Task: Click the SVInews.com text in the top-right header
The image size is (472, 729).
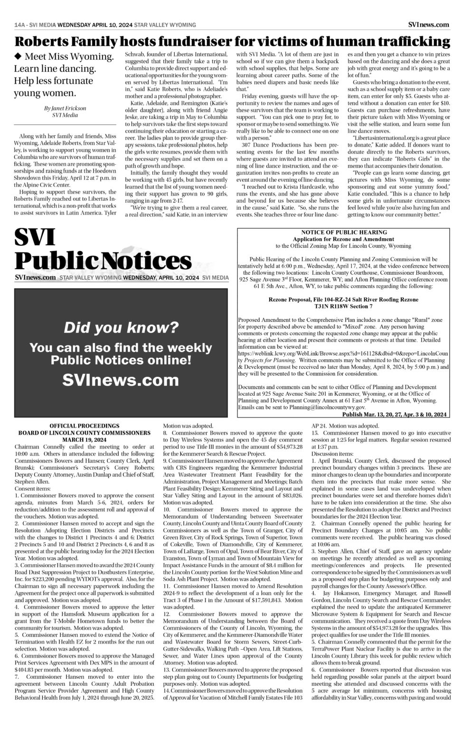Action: tap(428, 25)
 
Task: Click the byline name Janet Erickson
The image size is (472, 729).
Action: tap(66, 108)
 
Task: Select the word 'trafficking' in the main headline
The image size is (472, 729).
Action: tap(407, 42)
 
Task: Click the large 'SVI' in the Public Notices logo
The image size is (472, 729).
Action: tap(35, 238)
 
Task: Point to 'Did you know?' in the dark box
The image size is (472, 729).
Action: tap(121, 327)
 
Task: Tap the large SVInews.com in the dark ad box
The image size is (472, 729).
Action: tap(121, 380)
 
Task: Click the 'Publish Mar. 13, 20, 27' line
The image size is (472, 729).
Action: tap(394, 414)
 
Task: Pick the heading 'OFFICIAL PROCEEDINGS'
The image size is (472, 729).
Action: tap(85, 426)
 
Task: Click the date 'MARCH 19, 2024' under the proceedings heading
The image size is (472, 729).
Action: tap(85, 439)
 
